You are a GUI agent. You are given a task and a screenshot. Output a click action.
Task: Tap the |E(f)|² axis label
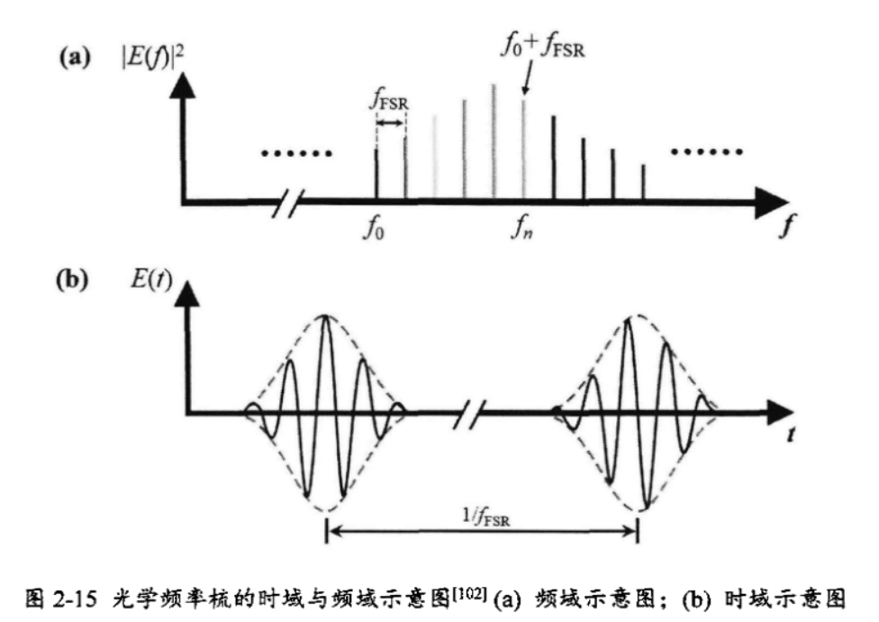[x=146, y=59]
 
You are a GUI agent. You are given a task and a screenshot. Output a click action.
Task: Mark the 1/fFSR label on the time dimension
[x=484, y=516]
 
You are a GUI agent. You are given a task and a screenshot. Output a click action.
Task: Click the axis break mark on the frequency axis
[x=295, y=200]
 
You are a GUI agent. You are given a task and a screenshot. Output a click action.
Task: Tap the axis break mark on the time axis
[x=473, y=414]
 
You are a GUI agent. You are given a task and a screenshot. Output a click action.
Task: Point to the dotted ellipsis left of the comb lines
[x=296, y=152]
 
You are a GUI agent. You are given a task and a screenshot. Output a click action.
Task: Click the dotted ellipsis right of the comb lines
[x=707, y=151]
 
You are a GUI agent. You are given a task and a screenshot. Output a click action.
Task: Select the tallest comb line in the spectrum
[x=494, y=140]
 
